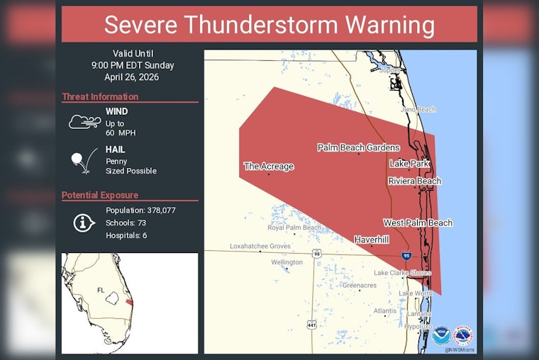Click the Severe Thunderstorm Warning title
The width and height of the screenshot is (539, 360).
269,25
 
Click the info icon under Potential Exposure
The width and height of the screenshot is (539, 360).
84,223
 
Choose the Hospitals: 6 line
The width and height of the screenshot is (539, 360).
126,235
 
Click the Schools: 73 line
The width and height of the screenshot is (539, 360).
126,223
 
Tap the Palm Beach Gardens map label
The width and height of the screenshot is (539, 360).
358,147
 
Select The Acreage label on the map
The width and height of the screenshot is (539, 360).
268,167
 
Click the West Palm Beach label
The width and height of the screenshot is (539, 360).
417,223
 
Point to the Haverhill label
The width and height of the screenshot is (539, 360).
372,240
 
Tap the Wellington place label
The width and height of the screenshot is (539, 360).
287,262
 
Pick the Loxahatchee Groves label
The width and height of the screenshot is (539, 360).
260,246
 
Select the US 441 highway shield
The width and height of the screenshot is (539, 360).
311,324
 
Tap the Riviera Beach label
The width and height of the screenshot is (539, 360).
414,181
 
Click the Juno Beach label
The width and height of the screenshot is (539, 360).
418,109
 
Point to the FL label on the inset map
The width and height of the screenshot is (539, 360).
101,290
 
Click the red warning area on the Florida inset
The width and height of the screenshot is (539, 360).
128,303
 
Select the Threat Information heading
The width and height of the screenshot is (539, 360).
100,97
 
